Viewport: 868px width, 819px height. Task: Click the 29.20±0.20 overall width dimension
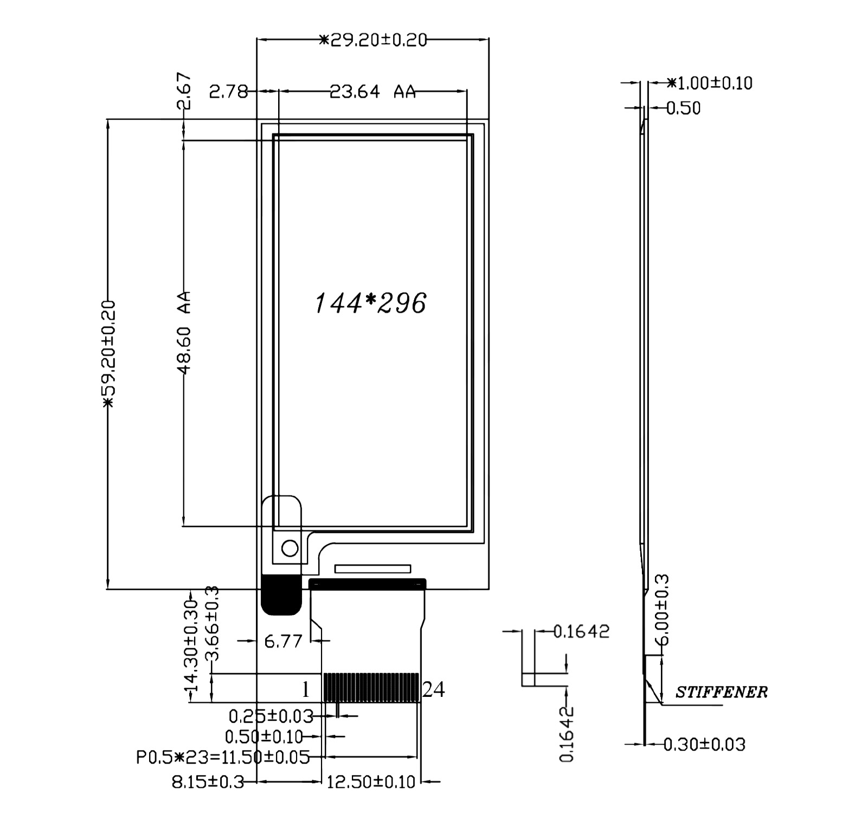(x=372, y=40)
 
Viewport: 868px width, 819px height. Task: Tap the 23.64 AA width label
(x=372, y=92)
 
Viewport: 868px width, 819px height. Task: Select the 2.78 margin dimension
(x=228, y=92)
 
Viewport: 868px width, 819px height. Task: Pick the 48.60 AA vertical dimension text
(x=184, y=333)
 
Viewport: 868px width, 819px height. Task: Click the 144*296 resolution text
(x=371, y=303)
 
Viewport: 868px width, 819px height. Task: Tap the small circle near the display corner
(x=290, y=548)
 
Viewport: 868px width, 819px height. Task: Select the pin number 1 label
(x=306, y=690)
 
